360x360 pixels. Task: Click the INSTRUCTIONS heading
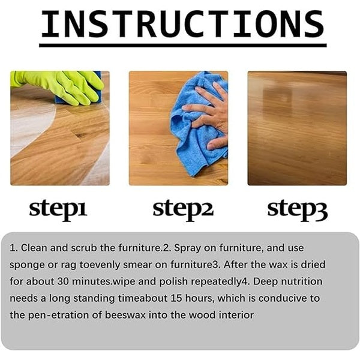[x=182, y=24]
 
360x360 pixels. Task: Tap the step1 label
[x=58, y=209]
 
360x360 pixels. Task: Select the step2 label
[x=183, y=209]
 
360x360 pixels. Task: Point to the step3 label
[x=298, y=209]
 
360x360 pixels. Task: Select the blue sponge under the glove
[x=92, y=92]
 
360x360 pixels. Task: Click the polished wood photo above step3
[x=297, y=128]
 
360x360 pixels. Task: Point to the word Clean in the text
[x=34, y=248]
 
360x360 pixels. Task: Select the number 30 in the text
[x=63, y=281]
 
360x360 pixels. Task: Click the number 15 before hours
[x=176, y=298]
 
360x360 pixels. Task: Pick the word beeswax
[x=125, y=315]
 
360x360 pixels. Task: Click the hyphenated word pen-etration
[x=58, y=316]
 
